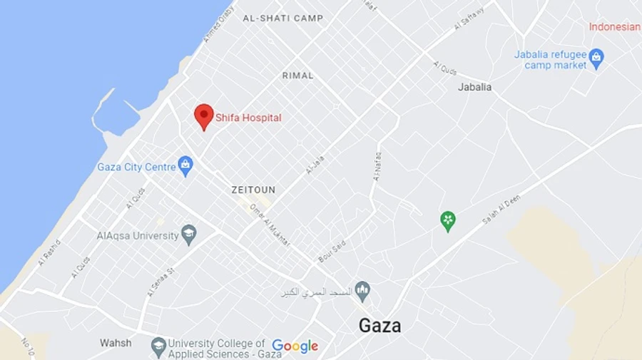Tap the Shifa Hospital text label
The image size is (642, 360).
tap(248, 118)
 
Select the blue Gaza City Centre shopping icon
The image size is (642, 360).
tap(185, 166)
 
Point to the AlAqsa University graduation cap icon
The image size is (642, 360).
tap(189, 235)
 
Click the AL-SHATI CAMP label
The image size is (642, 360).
tap(282, 19)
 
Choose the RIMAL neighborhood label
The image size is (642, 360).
tap(297, 76)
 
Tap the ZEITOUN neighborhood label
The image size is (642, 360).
tap(253, 190)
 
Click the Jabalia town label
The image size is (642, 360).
tap(474, 88)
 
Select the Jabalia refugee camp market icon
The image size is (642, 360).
tap(596, 58)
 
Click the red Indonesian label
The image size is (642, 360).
tap(614, 27)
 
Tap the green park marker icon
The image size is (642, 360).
tap(448, 221)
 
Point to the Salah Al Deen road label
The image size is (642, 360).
tap(501, 210)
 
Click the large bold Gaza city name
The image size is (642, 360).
tap(379, 326)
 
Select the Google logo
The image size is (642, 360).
tap(295, 346)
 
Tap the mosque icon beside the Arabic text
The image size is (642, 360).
tap(363, 292)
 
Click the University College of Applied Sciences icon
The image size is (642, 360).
tap(158, 347)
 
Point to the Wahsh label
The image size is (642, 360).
tap(116, 343)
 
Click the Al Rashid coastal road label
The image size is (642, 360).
tap(50, 253)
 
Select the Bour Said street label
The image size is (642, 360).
tap(332, 251)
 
